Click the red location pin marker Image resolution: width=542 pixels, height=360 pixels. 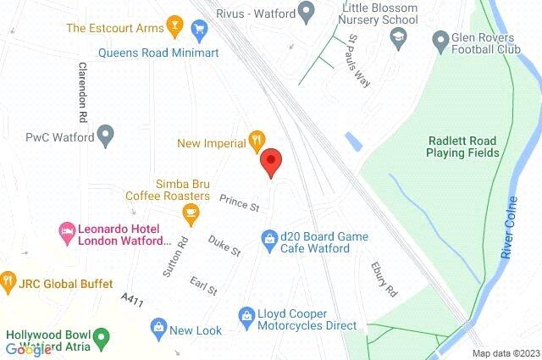click(270, 161)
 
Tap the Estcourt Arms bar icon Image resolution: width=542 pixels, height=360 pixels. click(174, 25)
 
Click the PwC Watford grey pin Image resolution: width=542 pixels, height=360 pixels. click(106, 134)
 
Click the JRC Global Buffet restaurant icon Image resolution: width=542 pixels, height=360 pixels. click(8, 279)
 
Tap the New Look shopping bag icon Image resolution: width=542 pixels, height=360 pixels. click(157, 326)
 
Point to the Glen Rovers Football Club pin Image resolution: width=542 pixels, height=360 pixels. click(440, 39)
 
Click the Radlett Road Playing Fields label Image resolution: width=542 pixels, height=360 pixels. click(462, 147)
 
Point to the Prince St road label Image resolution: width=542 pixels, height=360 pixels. click(239, 202)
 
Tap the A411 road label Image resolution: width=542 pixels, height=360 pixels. click(131, 301)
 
